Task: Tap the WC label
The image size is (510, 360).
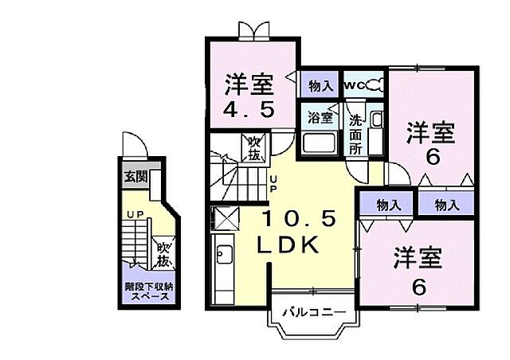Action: [x=355, y=85]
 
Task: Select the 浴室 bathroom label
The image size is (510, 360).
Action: [x=319, y=116]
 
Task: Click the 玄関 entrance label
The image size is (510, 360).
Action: [x=135, y=176]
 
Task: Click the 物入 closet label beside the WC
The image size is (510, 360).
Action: [x=320, y=85]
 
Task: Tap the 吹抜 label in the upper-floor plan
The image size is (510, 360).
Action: [x=253, y=147]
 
